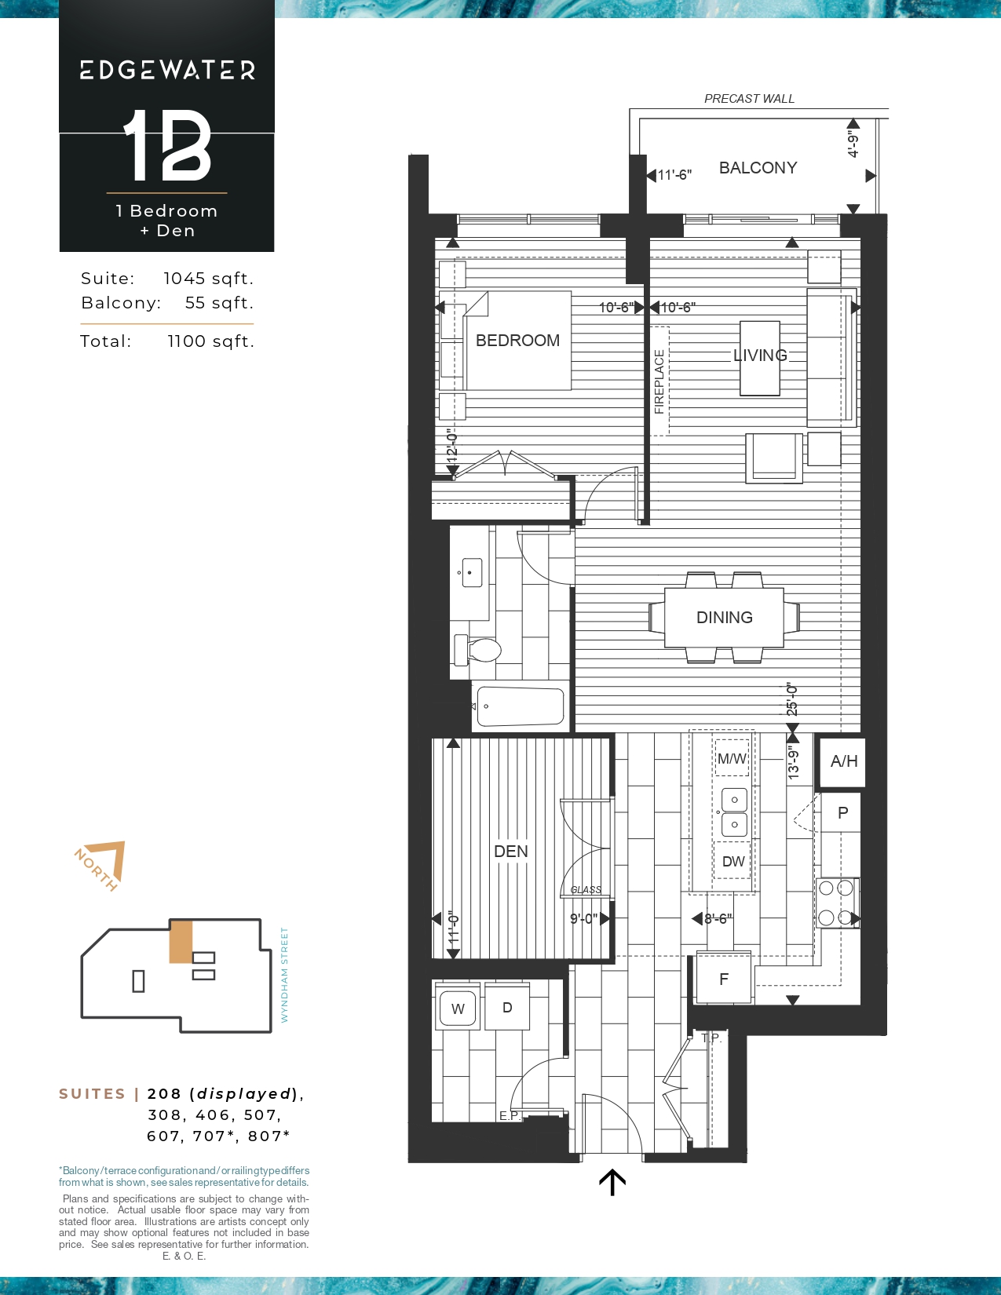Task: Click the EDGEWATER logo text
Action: click(x=167, y=71)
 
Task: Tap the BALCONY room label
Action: click(x=758, y=168)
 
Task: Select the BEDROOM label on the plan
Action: click(x=517, y=341)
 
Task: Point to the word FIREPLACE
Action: click(x=659, y=381)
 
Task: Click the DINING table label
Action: click(x=725, y=618)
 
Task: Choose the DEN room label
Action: click(x=511, y=851)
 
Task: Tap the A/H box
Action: click(x=844, y=761)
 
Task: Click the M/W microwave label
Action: click(x=732, y=759)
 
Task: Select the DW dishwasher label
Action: click(x=732, y=861)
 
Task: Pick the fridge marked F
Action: click(x=724, y=979)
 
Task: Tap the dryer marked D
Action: click(x=506, y=1007)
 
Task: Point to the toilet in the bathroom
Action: click(x=477, y=650)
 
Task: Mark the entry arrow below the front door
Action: click(x=612, y=1182)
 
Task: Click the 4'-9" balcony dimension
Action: click(x=853, y=146)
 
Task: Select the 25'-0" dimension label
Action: click(x=791, y=699)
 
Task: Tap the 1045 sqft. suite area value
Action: click(x=209, y=279)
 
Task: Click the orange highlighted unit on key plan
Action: click(x=181, y=942)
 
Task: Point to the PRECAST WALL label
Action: click(x=750, y=99)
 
